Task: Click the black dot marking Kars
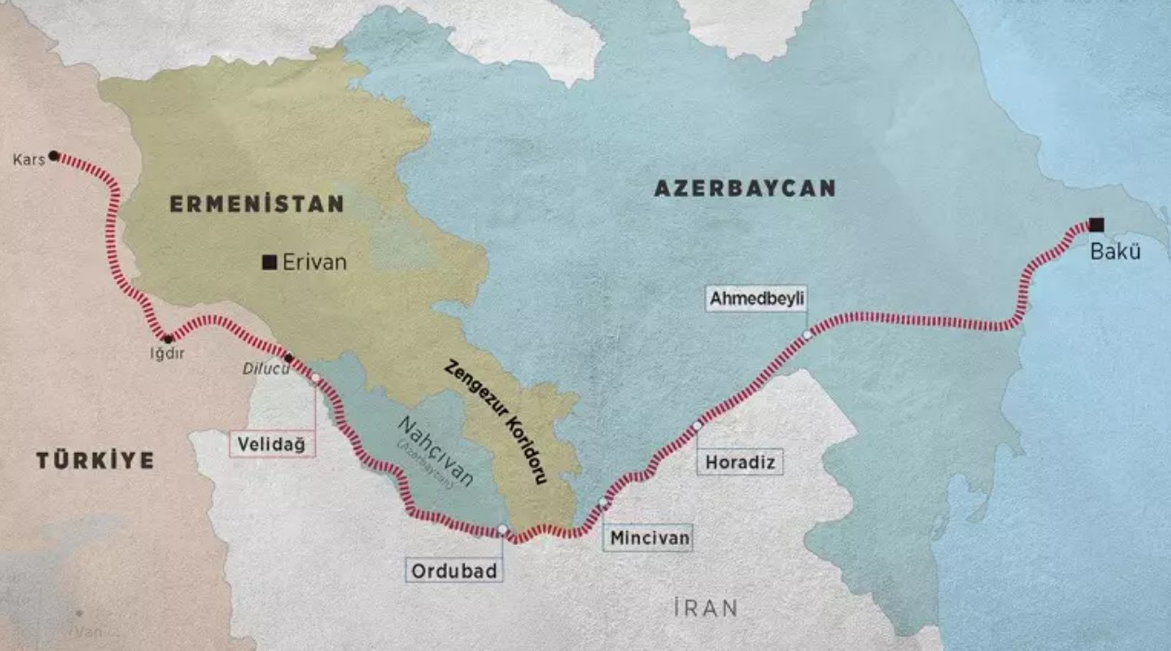pyautogui.click(x=54, y=155)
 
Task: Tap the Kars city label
pyautogui.click(x=29, y=160)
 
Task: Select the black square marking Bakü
pyautogui.click(x=1097, y=224)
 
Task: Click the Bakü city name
pyautogui.click(x=1114, y=251)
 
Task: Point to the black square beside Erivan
pyautogui.click(x=270, y=262)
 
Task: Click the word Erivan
pyautogui.click(x=314, y=262)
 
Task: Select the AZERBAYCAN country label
pyautogui.click(x=744, y=188)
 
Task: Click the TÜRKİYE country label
pyautogui.click(x=95, y=460)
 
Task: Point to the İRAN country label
pyautogui.click(x=705, y=608)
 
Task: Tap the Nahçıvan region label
pyautogui.click(x=435, y=452)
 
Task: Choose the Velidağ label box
pyautogui.click(x=271, y=444)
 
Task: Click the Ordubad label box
pyautogui.click(x=454, y=570)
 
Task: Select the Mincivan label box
pyautogui.click(x=647, y=538)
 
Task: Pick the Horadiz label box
pyautogui.click(x=739, y=462)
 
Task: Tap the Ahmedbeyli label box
pyautogui.click(x=756, y=299)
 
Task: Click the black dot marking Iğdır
pyautogui.click(x=168, y=339)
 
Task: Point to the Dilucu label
pyautogui.click(x=260, y=368)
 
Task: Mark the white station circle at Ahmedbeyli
pyautogui.click(x=808, y=334)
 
